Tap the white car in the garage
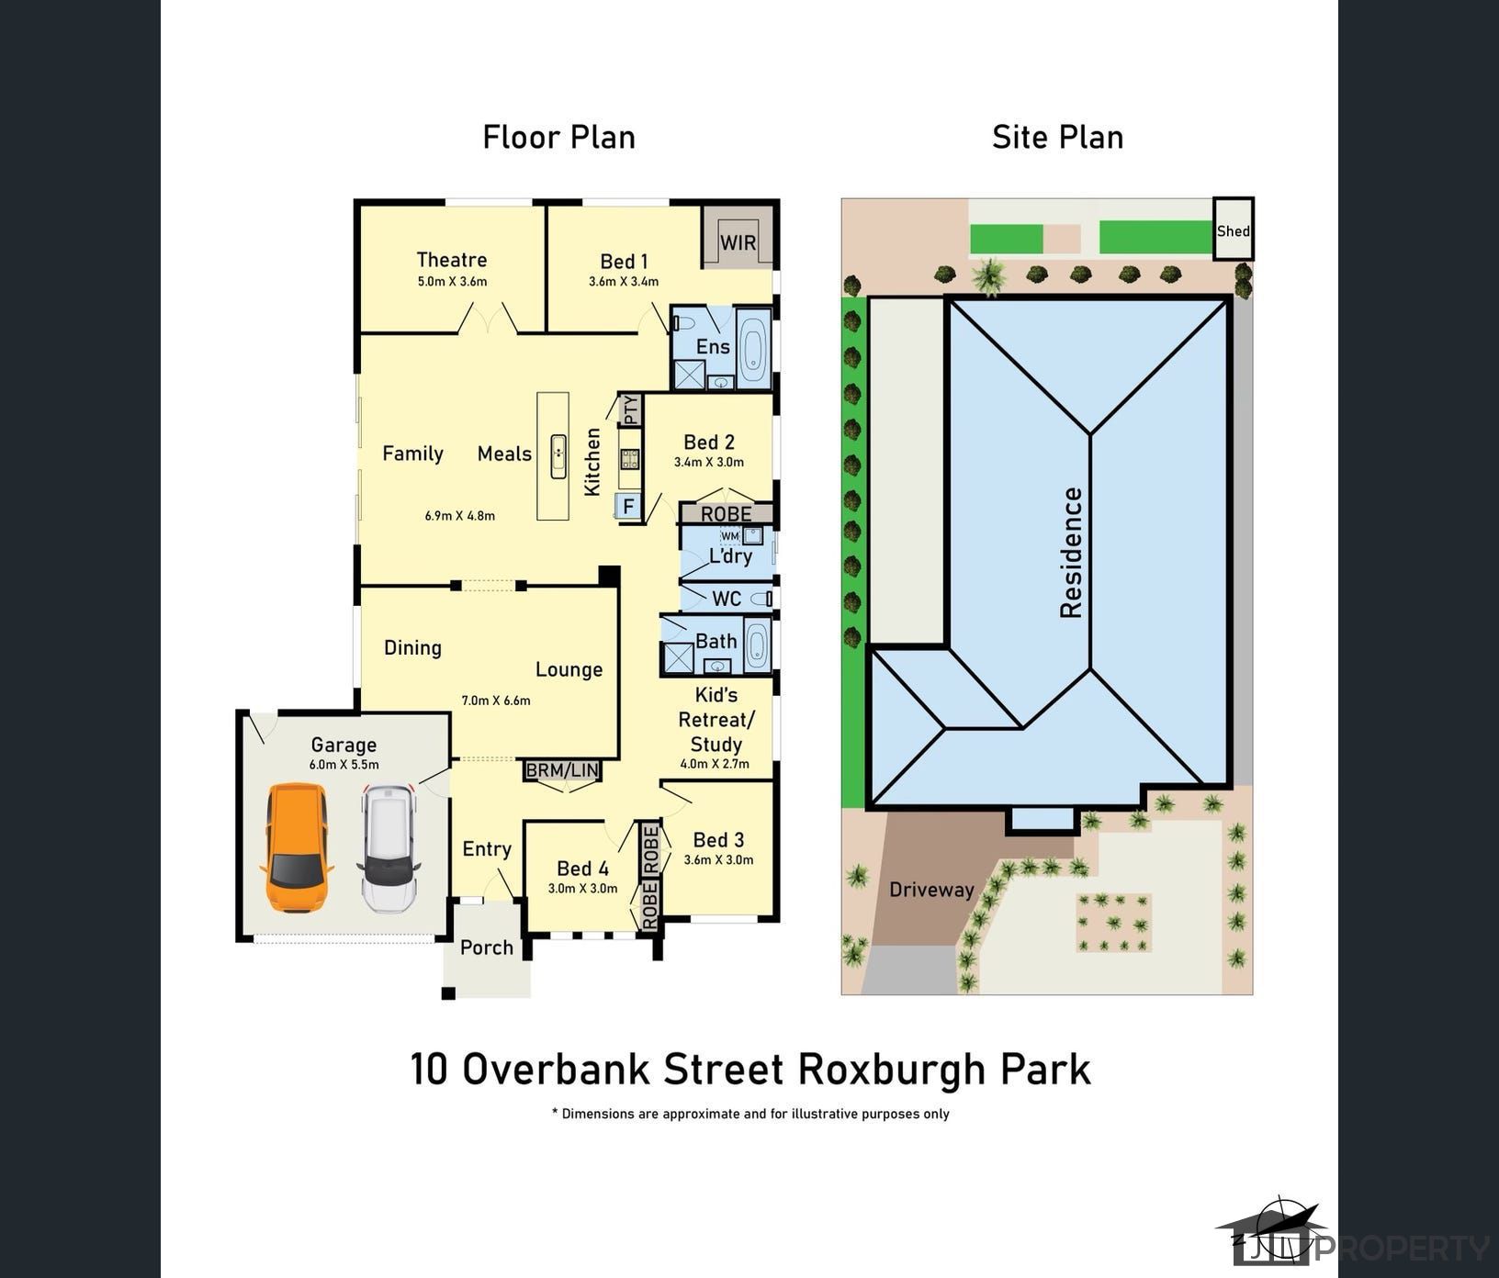(389, 848)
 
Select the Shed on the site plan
(1234, 230)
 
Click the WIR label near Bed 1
(738, 242)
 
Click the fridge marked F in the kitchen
(628, 507)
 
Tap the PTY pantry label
(631, 409)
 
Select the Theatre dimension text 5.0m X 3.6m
(452, 282)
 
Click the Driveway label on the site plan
(931, 890)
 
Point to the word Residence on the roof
(1072, 552)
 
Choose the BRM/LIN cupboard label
(562, 770)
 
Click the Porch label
(487, 947)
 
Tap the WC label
(727, 599)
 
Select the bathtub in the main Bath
(757, 645)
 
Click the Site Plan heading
(1058, 137)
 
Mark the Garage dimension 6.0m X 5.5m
(344, 765)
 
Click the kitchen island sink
(558, 456)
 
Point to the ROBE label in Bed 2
(727, 514)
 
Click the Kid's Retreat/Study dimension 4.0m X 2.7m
(715, 764)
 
